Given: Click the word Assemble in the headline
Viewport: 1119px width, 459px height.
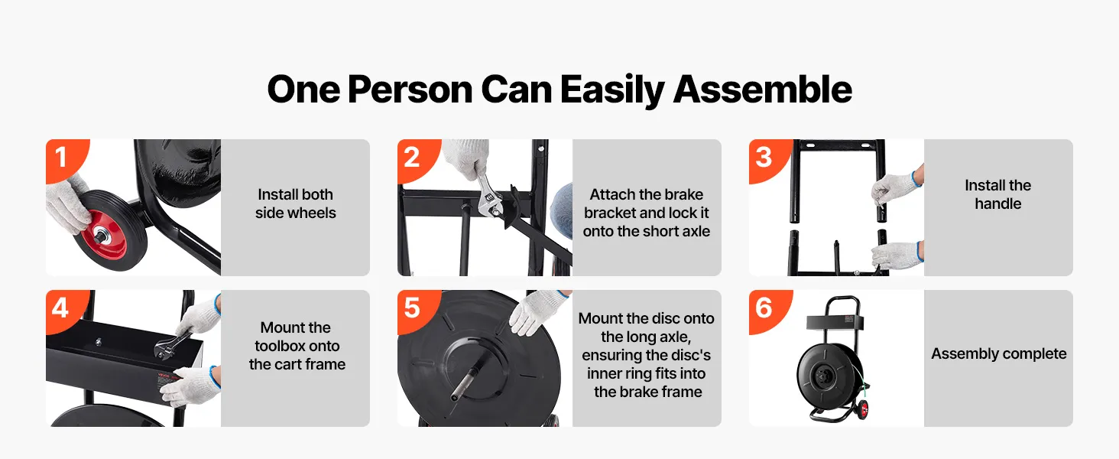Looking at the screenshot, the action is pyautogui.click(x=762, y=90).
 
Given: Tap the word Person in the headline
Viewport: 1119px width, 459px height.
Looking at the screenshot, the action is pyautogui.click(x=410, y=90).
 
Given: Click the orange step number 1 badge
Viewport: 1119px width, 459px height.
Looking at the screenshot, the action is pyautogui.click(x=65, y=159).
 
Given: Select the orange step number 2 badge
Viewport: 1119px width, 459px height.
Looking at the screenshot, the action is pyautogui.click(x=417, y=159).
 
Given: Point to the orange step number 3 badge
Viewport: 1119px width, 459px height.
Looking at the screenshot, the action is pyautogui.click(x=768, y=159).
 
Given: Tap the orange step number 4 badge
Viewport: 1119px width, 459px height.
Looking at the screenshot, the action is pyautogui.click(x=65, y=310).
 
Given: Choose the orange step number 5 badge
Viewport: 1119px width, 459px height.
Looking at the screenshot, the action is pyautogui.click(x=417, y=310).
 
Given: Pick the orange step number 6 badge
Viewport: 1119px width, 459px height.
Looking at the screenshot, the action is pyautogui.click(x=768, y=310).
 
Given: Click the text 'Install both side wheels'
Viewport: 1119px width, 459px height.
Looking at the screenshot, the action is pyautogui.click(x=296, y=203).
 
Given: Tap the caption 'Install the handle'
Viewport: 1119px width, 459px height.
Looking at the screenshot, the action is pyautogui.click(x=998, y=194).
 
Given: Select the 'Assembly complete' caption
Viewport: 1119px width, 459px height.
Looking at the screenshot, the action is pyautogui.click(x=998, y=353).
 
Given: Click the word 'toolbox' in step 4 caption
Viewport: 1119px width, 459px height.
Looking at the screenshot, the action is pyautogui.click(x=297, y=346).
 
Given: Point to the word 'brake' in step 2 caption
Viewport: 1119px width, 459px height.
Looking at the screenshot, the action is pyautogui.click(x=683, y=194).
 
